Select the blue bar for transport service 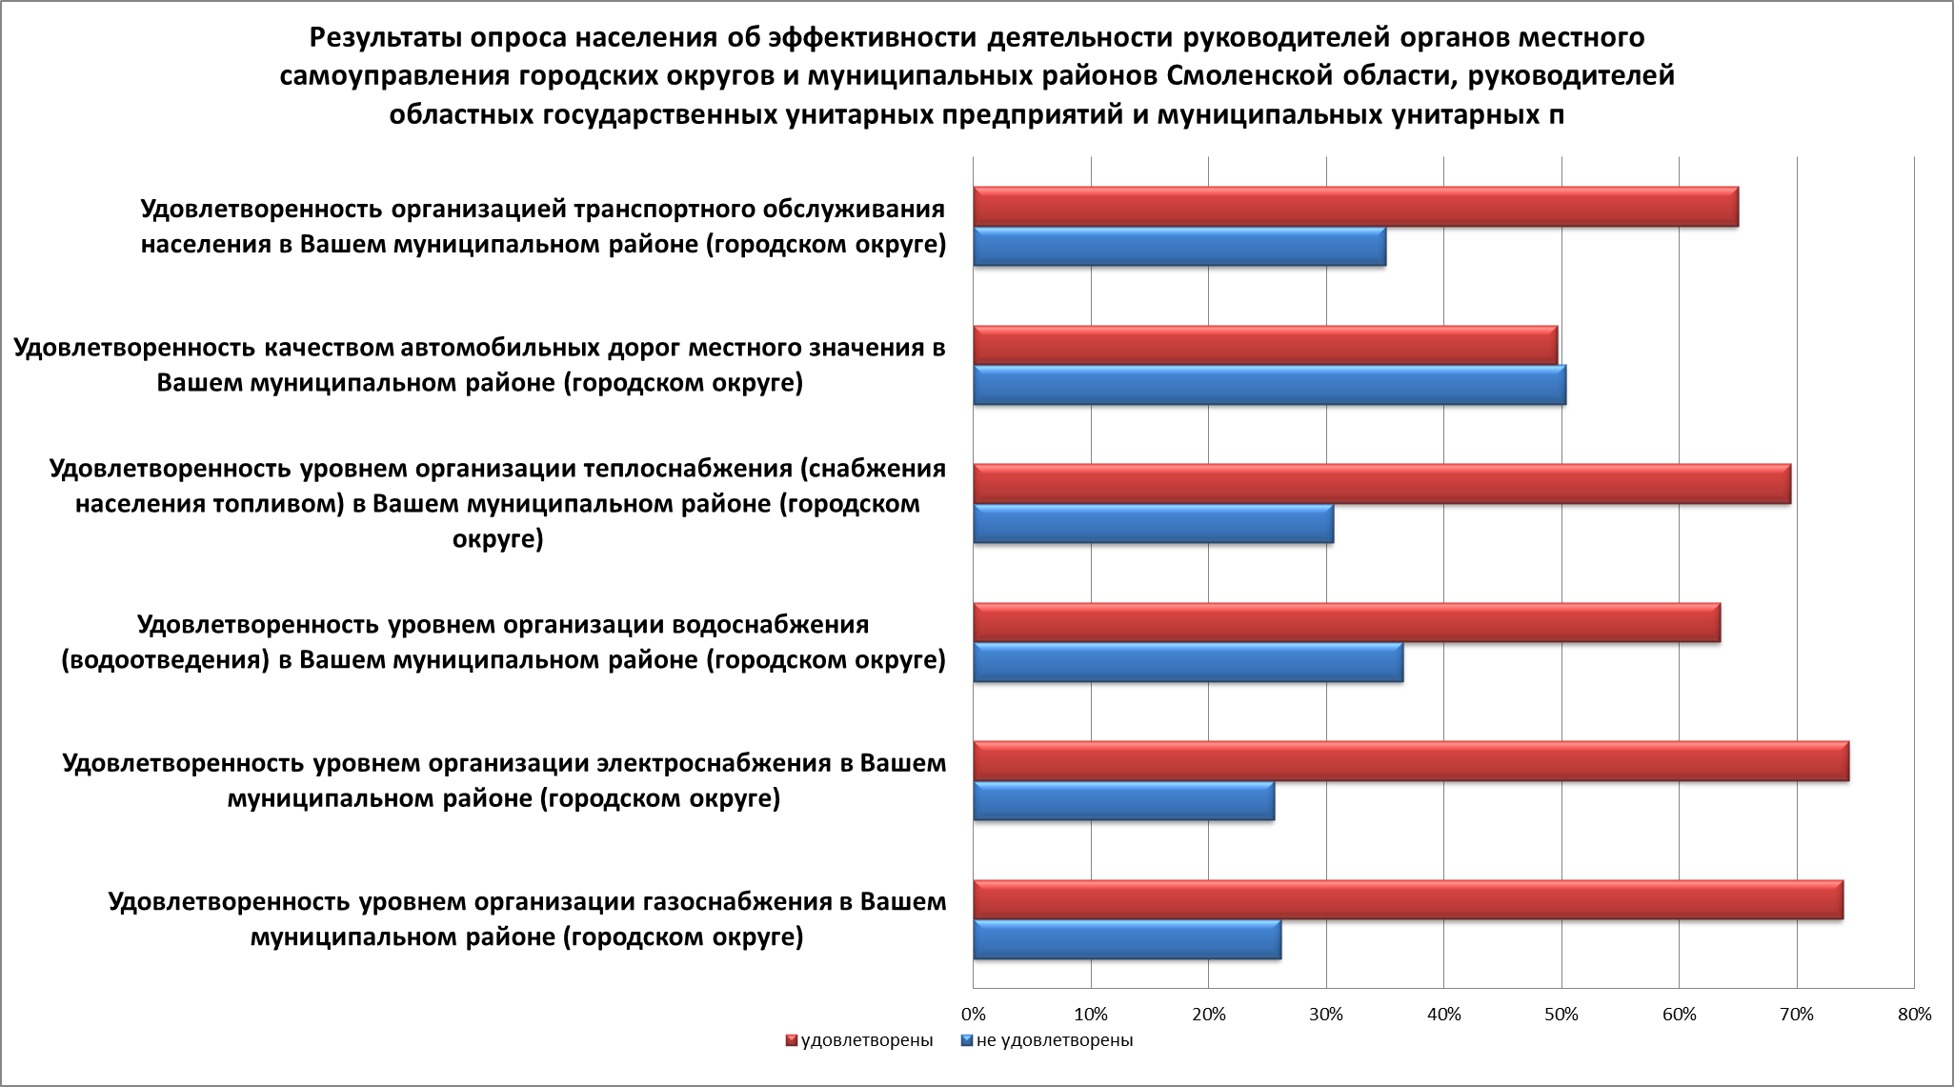(x=1179, y=247)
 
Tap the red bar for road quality (x=1265, y=345)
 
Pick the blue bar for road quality (x=1269, y=385)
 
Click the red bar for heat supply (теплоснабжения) (x=1381, y=484)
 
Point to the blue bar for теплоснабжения (x=1153, y=524)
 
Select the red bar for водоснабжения (x=1346, y=623)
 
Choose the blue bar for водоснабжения (x=1188, y=663)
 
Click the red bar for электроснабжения (x=1410, y=761)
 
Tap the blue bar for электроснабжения (x=1123, y=801)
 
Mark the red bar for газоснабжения (x=1407, y=900)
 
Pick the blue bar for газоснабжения (x=1127, y=940)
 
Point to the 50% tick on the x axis (x=1561, y=1015)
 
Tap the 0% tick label (x=973, y=1015)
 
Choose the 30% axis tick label (x=1326, y=1015)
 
